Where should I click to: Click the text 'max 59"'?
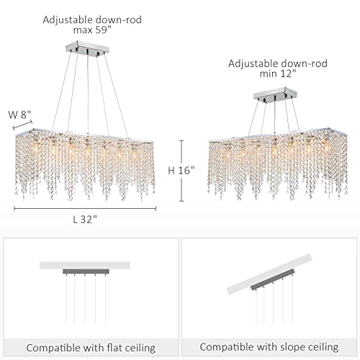(92, 30)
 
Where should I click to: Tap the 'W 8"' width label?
(19, 114)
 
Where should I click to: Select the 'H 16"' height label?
(181, 171)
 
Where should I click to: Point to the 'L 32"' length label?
(85, 220)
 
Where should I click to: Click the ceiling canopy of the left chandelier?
(87, 48)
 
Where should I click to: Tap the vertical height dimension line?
(181, 171)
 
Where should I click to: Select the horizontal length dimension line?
(85, 209)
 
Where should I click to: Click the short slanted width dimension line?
(22, 125)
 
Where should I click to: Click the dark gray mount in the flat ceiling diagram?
(86, 271)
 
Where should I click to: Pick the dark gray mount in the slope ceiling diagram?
(273, 280)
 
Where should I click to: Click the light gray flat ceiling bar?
(85, 265)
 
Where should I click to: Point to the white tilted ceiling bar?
(270, 274)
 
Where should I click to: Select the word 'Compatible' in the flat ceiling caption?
(53, 348)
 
